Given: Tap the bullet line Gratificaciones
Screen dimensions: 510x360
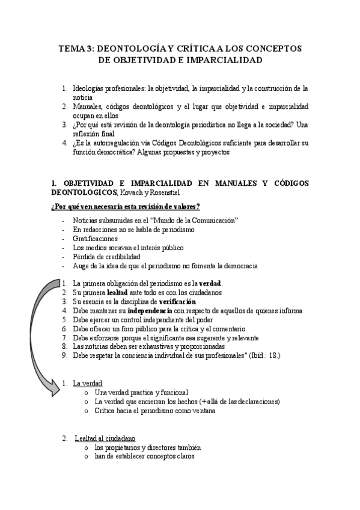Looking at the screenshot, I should tap(95, 239).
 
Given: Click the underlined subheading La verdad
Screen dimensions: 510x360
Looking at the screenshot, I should tap(87, 382).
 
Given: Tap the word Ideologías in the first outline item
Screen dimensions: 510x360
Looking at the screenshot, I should tap(91, 88).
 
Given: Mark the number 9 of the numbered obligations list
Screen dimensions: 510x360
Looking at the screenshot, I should tap(65, 355).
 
